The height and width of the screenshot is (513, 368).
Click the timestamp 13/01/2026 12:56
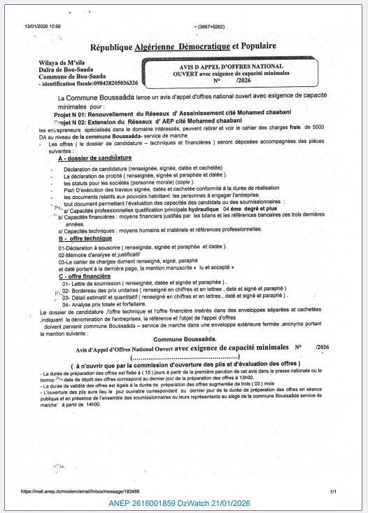pos(43,25)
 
